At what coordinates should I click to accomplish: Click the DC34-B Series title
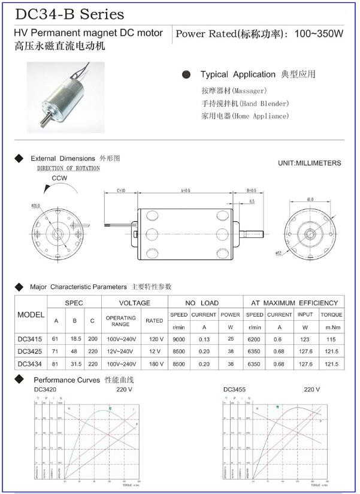[x=69, y=14]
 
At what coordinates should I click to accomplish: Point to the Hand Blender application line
[x=245, y=103]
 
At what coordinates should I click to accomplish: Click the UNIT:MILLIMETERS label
[x=309, y=163]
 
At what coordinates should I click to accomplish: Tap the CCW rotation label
[x=59, y=179]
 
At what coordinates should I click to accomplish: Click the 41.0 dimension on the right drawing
[x=310, y=199]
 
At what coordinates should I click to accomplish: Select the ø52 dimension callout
[x=279, y=254]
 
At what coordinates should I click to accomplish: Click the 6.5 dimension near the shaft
[x=252, y=202]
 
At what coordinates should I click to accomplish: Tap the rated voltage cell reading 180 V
[x=154, y=364]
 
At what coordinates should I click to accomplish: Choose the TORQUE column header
[x=331, y=315]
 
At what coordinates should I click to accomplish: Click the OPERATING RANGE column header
[x=121, y=320]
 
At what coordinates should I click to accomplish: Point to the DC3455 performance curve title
[x=234, y=390]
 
